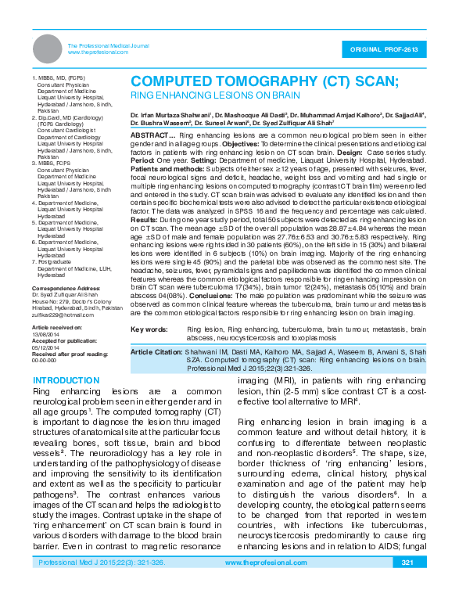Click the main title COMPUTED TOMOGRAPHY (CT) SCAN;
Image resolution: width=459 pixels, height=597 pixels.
point(264,81)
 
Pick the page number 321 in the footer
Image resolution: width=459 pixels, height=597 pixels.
point(407,584)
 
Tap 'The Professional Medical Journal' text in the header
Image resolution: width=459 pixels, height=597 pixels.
point(109,46)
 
